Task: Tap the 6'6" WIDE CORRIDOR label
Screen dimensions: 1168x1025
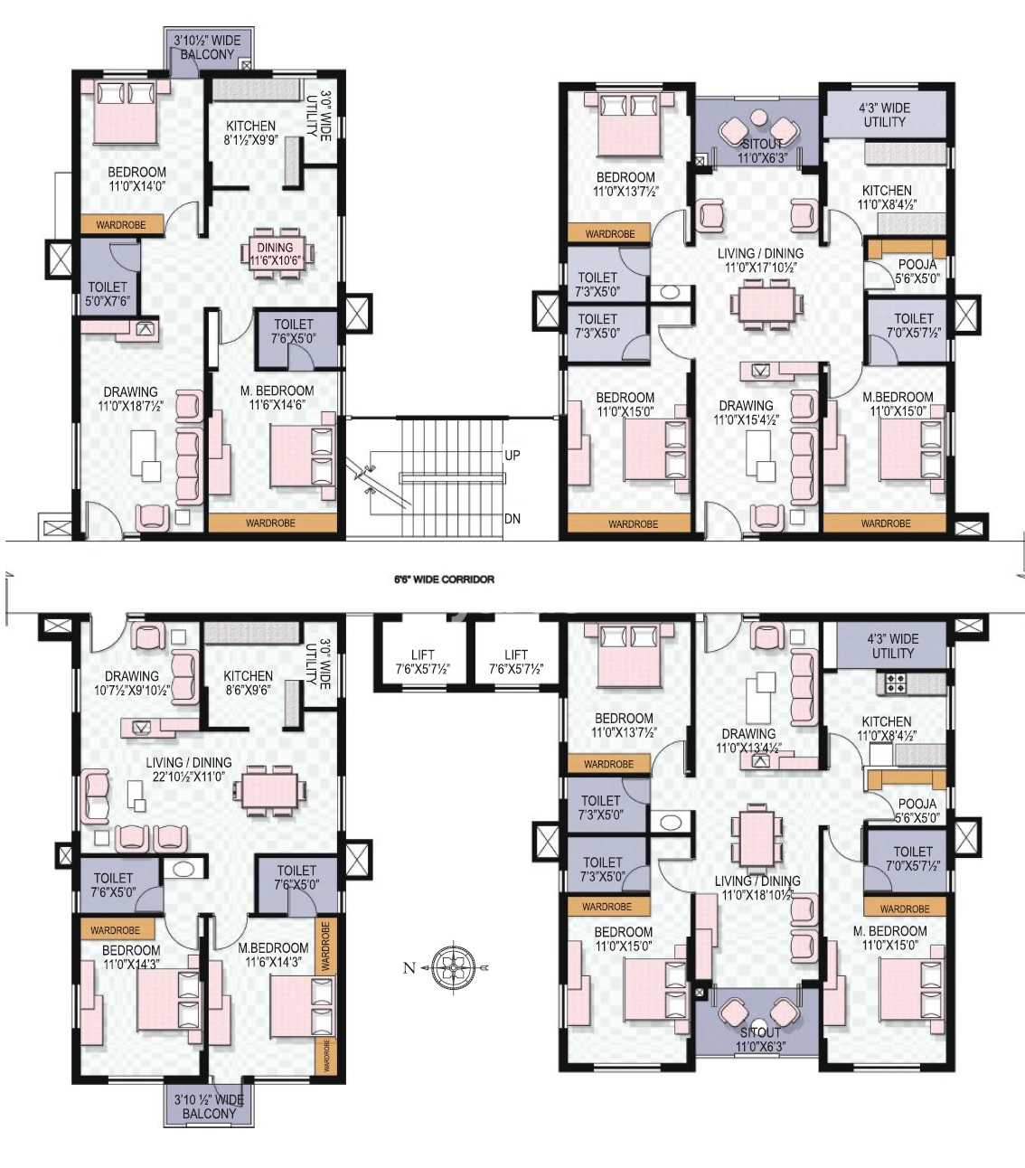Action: tap(444, 579)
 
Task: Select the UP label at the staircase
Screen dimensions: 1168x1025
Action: tap(512, 455)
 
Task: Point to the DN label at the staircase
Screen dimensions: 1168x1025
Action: tap(512, 519)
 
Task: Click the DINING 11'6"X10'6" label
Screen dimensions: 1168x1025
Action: tap(275, 253)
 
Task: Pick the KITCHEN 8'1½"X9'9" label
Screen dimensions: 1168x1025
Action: tap(250, 133)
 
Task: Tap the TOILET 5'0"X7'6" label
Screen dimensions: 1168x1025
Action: tap(108, 294)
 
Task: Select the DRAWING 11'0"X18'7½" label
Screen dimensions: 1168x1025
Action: tap(130, 399)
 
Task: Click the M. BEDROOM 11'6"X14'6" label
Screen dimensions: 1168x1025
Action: tap(277, 398)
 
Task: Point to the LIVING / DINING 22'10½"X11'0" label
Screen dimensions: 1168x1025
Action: tap(188, 769)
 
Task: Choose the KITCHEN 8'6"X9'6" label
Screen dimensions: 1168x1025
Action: tap(248, 683)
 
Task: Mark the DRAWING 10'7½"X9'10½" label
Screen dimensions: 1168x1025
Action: tap(131, 683)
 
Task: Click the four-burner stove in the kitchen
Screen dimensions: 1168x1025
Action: tap(896, 685)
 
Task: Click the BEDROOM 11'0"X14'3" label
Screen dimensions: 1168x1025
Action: tap(131, 956)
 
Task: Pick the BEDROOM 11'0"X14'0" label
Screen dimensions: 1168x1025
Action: tap(136, 179)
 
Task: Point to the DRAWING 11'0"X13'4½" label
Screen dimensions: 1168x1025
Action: tap(748, 740)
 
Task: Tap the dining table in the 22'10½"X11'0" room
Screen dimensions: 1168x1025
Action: tap(268, 787)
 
